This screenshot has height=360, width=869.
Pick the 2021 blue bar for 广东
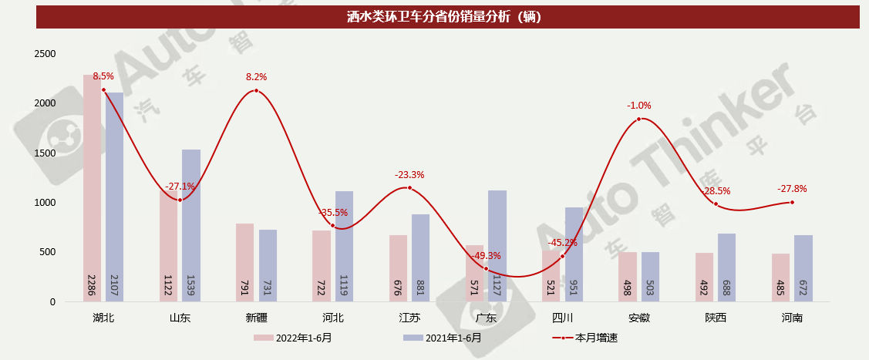[497, 231]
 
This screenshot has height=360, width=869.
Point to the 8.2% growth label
[256, 77]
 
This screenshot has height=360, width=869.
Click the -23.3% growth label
[409, 175]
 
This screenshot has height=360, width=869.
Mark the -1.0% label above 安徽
[639, 106]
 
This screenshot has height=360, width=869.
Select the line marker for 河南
[792, 203]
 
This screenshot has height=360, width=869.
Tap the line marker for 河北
[332, 226]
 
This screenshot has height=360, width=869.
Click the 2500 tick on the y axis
[45, 54]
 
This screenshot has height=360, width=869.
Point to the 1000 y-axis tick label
[45, 203]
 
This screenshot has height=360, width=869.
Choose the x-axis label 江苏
[409, 318]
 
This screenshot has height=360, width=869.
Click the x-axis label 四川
[562, 318]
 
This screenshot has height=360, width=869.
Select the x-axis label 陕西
[715, 318]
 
